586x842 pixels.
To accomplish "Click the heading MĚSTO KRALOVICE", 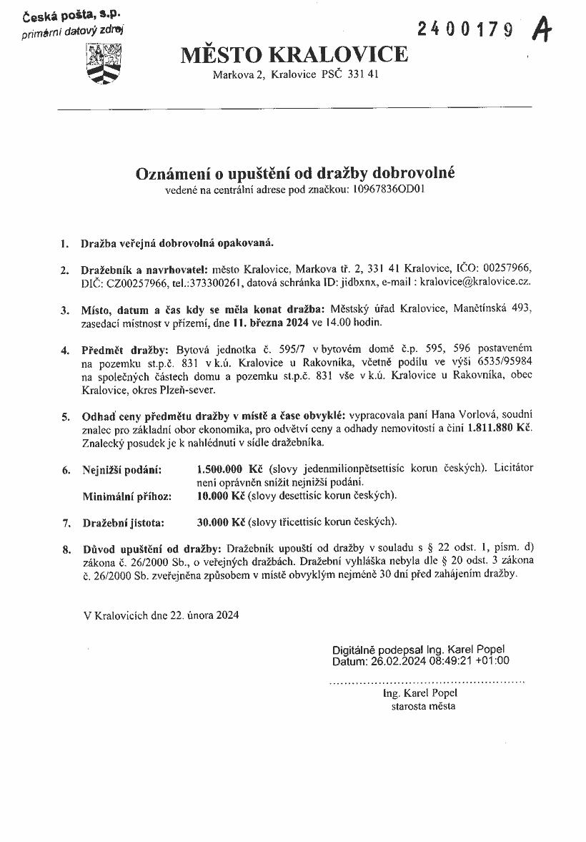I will tap(294, 54).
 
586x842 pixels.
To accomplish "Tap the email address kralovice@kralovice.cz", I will tap(475, 282).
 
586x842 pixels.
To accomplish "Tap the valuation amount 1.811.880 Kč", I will tap(500, 428).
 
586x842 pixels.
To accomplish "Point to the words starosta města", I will tap(423, 706).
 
